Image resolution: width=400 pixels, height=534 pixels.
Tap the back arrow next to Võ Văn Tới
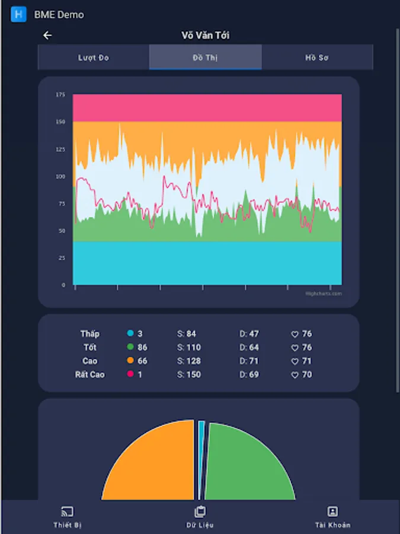[47, 35]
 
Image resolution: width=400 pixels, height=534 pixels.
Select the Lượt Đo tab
[94, 58]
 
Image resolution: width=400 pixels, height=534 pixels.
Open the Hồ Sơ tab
[317, 58]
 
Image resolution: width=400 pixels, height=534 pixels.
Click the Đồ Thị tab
[205, 58]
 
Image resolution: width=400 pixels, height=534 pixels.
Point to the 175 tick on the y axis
[60, 94]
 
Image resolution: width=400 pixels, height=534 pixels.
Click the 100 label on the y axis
[60, 176]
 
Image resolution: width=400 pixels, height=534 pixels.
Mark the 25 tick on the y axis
[62, 258]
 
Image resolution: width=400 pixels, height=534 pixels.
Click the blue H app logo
[19, 14]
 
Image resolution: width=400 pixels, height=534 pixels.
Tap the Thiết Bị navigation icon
[67, 511]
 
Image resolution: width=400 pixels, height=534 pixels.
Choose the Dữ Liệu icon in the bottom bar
[200, 511]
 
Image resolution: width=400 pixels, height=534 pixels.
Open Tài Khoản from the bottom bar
[332, 511]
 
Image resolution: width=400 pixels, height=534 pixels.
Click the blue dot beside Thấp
[130, 334]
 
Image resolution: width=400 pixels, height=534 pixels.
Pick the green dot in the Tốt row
[130, 348]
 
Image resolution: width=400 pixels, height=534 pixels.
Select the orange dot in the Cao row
[130, 361]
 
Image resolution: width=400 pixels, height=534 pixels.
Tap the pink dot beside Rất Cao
[130, 375]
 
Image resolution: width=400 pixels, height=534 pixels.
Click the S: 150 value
[189, 375]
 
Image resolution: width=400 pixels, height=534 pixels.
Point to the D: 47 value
[249, 334]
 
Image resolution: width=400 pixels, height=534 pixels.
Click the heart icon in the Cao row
[295, 361]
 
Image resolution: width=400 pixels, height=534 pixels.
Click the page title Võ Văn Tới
[205, 35]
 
